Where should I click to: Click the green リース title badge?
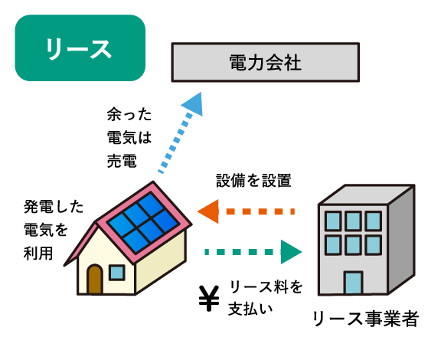click(80, 47)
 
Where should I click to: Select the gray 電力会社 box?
click(265, 62)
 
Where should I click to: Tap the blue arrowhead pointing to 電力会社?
click(193, 104)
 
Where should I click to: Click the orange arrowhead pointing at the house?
click(208, 211)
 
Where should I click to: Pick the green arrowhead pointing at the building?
click(292, 252)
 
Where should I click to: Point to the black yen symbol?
click(209, 299)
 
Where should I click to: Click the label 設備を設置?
click(253, 181)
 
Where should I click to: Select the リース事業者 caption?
click(366, 319)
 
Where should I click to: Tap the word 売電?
click(122, 161)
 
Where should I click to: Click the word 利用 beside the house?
click(38, 253)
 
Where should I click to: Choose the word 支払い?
click(250, 309)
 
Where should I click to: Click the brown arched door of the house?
click(95, 280)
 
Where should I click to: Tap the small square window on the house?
click(116, 273)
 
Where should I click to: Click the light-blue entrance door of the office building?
click(353, 283)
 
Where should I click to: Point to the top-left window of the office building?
click(333, 221)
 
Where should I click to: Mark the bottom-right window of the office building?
click(373, 245)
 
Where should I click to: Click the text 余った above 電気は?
click(129, 114)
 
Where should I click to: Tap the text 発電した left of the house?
click(54, 207)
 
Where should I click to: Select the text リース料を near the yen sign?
click(266, 286)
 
